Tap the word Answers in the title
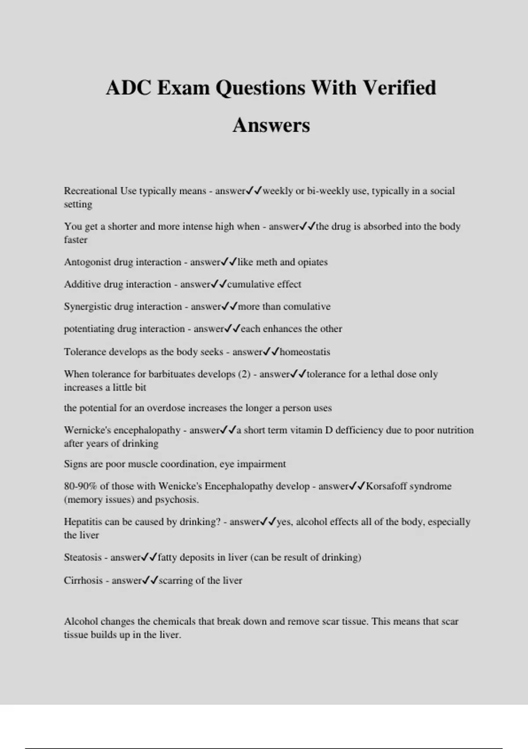271,125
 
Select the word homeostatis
305,352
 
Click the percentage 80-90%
80,486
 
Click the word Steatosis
82,557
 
